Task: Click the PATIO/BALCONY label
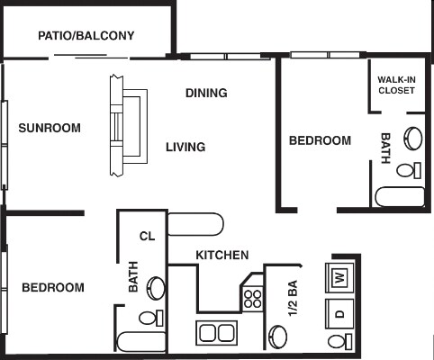86,36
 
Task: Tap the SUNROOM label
50,128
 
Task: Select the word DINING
205,93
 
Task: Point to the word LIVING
185,147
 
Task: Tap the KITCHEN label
222,255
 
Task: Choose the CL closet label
147,237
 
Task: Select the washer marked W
341,276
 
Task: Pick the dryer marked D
341,314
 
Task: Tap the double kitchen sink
216,333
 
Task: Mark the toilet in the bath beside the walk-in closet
407,169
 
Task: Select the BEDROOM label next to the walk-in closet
320,140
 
